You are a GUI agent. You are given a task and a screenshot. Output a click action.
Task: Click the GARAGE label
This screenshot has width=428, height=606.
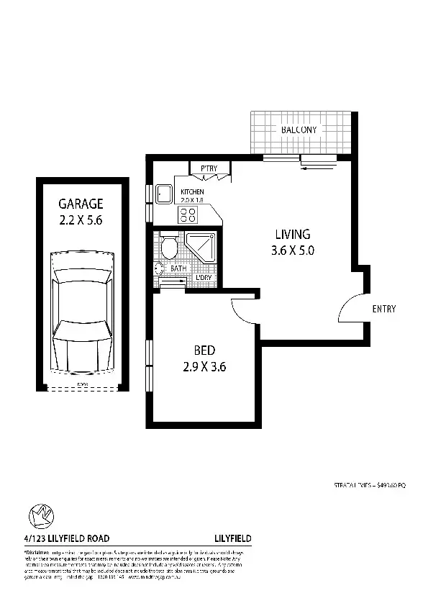(x=81, y=204)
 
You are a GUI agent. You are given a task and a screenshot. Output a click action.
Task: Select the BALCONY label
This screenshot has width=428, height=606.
(x=299, y=130)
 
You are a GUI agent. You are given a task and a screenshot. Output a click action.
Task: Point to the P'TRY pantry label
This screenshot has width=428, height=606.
(x=209, y=168)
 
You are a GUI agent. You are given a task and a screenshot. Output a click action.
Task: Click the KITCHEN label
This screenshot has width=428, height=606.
(x=183, y=191)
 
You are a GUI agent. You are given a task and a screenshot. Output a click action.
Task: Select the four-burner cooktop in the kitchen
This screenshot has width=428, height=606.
(x=188, y=214)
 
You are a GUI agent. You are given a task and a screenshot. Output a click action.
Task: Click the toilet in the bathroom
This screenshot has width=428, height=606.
(x=169, y=247)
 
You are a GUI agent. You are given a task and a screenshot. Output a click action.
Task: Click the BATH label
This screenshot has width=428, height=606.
(x=178, y=269)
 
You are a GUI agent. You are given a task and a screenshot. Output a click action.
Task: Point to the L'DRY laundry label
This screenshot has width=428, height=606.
(x=204, y=277)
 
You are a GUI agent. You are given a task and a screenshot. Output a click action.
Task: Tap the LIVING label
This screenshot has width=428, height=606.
(x=292, y=234)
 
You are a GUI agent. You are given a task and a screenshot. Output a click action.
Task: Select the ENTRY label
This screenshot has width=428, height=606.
(x=383, y=309)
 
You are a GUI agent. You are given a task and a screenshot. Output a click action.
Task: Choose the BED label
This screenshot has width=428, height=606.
(x=204, y=351)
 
